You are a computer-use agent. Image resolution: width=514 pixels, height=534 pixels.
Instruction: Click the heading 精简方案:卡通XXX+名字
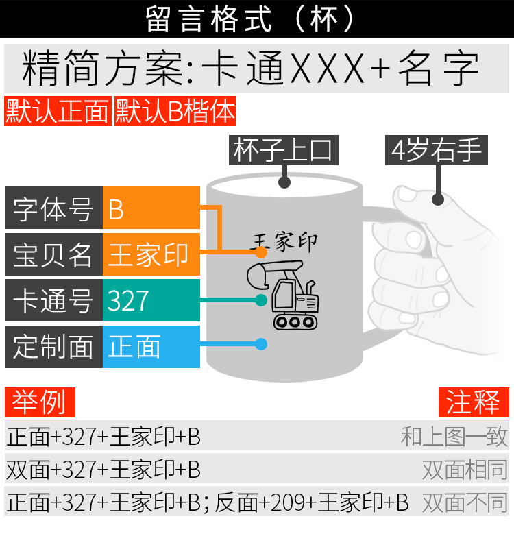(x=251, y=69)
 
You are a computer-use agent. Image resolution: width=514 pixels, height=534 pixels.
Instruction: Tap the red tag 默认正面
(x=58, y=112)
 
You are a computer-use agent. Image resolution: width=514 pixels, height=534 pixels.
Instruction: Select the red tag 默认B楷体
(x=175, y=112)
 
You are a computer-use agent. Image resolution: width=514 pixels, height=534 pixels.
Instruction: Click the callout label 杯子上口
(x=283, y=150)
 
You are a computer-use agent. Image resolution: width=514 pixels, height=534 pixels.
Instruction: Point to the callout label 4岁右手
(x=437, y=150)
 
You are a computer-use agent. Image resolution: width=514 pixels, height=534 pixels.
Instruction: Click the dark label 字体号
(x=53, y=208)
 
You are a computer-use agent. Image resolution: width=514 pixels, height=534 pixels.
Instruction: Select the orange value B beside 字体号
(x=151, y=208)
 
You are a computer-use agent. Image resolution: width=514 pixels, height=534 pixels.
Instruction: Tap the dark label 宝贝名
(x=53, y=255)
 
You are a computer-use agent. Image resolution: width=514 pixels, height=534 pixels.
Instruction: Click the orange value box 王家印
(x=151, y=255)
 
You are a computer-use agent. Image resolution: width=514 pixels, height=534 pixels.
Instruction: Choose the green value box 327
(x=151, y=300)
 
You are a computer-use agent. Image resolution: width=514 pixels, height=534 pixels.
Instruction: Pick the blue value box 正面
(x=151, y=347)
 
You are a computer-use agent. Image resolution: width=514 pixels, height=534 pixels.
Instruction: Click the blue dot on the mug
(x=261, y=344)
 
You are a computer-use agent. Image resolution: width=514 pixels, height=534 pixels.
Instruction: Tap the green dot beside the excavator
(x=261, y=300)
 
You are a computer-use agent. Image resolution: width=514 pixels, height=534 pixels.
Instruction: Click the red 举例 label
(x=40, y=402)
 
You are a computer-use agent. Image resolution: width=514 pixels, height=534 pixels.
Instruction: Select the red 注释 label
(x=474, y=402)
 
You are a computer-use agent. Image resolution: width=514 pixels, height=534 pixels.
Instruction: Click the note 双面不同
(x=465, y=502)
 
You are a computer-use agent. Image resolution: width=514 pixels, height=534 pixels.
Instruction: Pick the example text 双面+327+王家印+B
(x=103, y=470)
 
